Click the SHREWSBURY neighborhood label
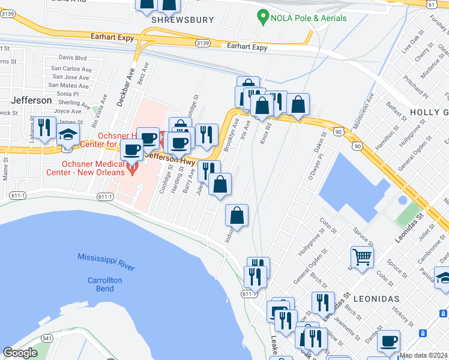tap(182, 20)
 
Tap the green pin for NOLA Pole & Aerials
tap(262, 17)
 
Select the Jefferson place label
tap(31, 100)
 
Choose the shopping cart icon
tap(362, 257)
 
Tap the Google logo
tap(20, 353)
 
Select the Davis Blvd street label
tap(73, 58)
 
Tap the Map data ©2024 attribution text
tap(423, 355)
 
